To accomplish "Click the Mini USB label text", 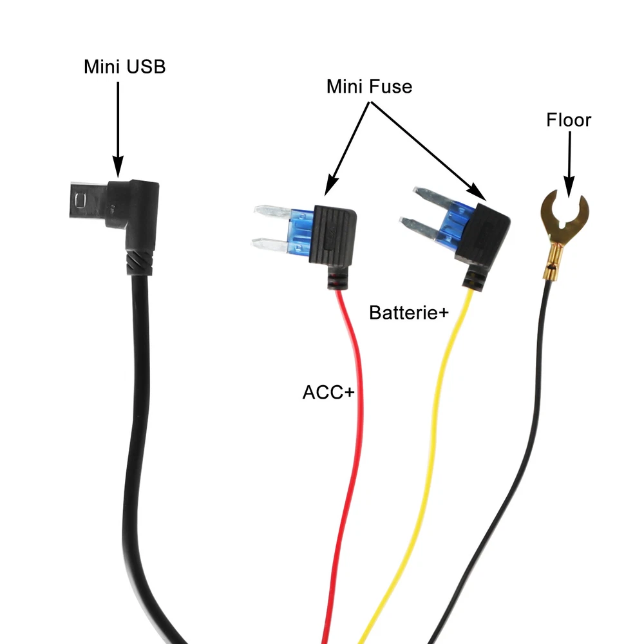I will click(x=124, y=66).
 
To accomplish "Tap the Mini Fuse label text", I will click(x=369, y=86).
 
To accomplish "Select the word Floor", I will click(x=569, y=120).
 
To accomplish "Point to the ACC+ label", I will click(x=328, y=392).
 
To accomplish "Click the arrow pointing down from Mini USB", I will click(x=118, y=129).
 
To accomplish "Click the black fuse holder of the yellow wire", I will click(x=482, y=232).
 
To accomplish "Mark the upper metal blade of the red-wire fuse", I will click(x=270, y=211).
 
